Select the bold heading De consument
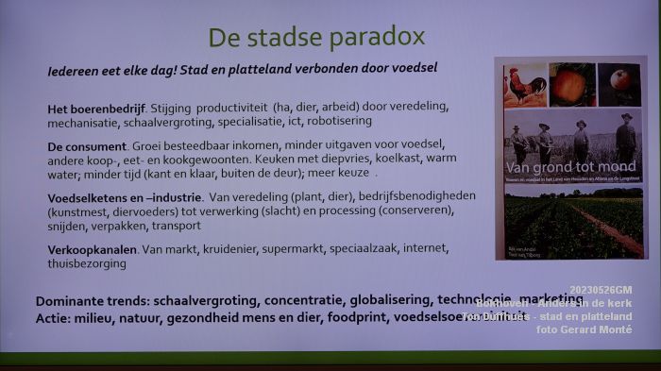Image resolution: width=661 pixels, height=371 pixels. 87,146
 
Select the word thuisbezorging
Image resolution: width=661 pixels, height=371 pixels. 86,264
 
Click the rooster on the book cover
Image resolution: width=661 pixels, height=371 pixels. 525,86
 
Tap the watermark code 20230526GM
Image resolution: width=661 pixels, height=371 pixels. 601,290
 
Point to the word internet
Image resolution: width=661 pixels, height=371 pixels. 423,250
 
